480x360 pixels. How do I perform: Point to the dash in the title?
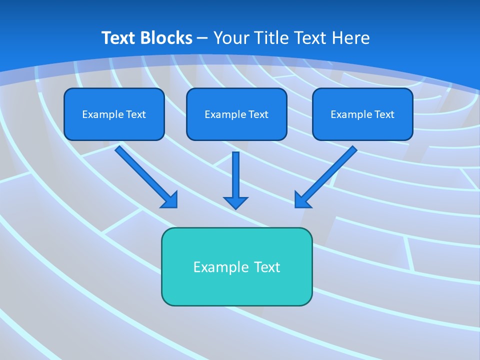point(202,38)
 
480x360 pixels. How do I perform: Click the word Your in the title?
point(231,38)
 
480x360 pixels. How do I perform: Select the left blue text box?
point(114,114)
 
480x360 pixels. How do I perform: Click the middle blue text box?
point(236,114)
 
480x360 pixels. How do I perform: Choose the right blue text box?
point(362,114)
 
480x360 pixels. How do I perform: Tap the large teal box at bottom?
point(236,266)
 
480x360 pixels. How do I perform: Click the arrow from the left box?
point(145,175)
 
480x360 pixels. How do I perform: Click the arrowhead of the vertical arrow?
point(235,202)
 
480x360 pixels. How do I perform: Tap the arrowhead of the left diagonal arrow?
point(170,199)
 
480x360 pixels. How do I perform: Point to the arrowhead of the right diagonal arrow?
point(302,199)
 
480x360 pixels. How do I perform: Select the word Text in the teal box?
point(267,267)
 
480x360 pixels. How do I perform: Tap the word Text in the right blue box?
point(384,114)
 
